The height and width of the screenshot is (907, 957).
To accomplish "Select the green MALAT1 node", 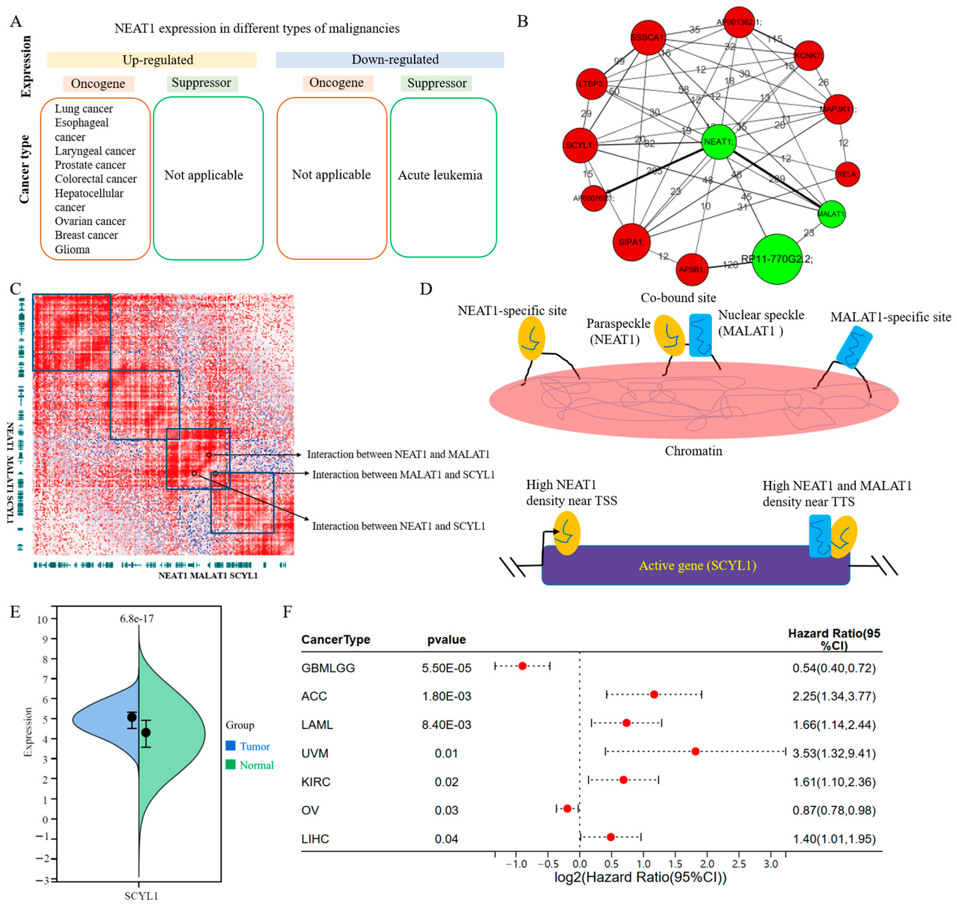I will (x=831, y=214).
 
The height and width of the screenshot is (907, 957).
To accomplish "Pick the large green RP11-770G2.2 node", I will (x=777, y=259).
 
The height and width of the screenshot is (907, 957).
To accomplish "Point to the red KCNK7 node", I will (x=808, y=56).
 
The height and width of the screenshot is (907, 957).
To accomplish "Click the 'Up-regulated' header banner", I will (x=152, y=60).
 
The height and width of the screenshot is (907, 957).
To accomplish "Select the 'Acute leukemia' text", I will (x=440, y=175).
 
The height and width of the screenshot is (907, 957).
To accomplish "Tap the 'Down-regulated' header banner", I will (x=390, y=60).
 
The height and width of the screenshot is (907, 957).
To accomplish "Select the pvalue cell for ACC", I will (x=446, y=696).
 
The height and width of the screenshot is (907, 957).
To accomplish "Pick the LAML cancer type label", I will (x=317, y=725).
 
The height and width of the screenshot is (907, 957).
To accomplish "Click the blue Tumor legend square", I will (x=230, y=745).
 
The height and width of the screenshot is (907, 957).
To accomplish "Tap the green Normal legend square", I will (x=230, y=764).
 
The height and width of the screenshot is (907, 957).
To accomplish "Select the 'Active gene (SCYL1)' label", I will (x=697, y=565).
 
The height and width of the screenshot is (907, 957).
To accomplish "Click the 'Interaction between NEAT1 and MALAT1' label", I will (x=398, y=454).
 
